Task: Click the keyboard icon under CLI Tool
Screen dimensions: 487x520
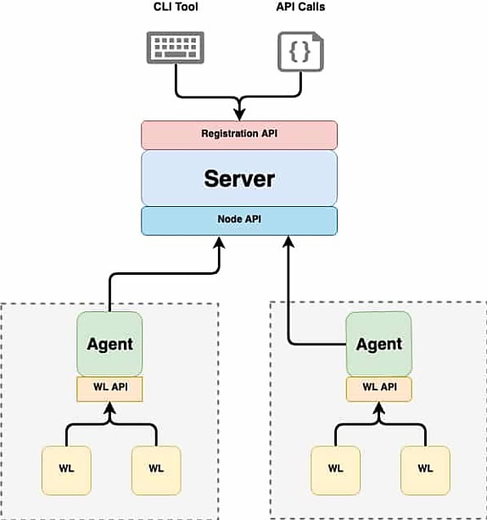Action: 175,48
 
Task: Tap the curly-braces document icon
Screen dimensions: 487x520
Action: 300,52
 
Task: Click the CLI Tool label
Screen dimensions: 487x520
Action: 176,7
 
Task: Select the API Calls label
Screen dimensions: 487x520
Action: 300,7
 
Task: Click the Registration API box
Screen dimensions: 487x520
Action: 239,135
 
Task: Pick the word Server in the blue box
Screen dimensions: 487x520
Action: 239,179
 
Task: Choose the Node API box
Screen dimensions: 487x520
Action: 239,221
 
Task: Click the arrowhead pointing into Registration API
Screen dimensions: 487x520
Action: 239,115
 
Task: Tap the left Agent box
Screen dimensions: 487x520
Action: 109,344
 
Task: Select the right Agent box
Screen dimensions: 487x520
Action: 379,344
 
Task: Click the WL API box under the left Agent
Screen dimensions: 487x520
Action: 109,389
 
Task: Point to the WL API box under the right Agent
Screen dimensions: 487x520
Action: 379,389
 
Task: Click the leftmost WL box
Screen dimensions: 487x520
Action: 66,470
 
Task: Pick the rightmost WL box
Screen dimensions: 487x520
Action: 425,470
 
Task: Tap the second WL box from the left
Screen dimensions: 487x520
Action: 156,470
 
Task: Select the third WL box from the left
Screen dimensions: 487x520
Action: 335,470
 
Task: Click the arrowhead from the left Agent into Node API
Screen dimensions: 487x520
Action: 219,243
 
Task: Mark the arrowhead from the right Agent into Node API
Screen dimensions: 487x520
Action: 288,242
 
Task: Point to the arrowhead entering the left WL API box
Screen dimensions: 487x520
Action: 109,409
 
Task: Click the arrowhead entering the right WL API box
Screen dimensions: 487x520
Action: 379,409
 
